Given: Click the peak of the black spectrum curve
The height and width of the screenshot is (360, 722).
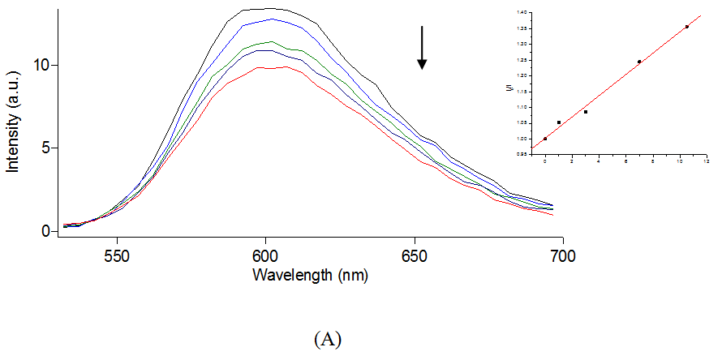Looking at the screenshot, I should coord(268,9).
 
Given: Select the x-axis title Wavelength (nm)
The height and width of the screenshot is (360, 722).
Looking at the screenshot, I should coord(310,274).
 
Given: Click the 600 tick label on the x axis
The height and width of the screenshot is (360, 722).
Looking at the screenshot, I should coord(266,254).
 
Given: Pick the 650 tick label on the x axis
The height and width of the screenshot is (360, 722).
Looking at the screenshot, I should coord(415,254).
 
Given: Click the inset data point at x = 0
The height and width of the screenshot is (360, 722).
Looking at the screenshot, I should coord(545,139).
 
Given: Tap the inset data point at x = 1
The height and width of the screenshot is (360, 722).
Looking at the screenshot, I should coord(559,122).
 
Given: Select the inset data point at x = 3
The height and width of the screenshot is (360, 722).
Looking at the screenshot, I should coord(586,112).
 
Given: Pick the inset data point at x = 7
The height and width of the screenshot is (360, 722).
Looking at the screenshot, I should coord(639,62).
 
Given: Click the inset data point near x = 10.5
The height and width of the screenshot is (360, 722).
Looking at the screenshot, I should coord(687,27).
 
